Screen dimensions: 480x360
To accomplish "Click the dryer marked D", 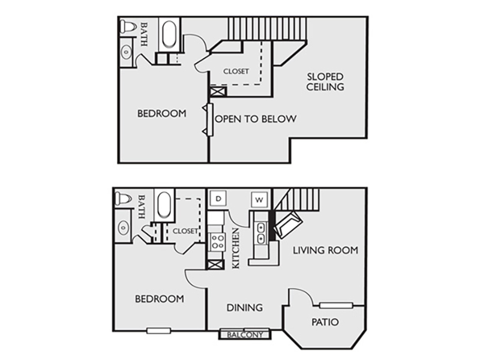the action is point(218,199).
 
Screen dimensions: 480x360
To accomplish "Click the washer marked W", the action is point(259,200).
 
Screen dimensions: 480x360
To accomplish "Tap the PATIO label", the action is point(325,322).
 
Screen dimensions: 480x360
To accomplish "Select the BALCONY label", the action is point(245,335).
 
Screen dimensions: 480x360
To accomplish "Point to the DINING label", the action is point(245,307).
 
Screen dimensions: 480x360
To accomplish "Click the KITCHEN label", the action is point(236,248).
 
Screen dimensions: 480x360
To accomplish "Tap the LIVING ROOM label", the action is point(325,250).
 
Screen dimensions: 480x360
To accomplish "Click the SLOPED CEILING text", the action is point(325,82).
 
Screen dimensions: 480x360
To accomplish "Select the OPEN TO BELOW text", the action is point(256,119).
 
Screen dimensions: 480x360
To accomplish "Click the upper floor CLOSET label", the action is point(236,71).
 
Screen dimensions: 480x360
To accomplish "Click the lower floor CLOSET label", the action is point(185,231).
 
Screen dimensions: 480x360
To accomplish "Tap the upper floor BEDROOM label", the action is point(161,113).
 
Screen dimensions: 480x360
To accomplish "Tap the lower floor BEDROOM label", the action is point(160,299).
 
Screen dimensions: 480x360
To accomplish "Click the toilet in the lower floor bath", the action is point(123,199).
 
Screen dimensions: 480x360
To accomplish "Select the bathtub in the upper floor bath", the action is point(169,34).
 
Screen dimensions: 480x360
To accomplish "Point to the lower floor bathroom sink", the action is point(124,227).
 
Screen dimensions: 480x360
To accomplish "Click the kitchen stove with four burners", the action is point(217,242).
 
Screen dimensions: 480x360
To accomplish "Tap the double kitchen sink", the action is point(261,233).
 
